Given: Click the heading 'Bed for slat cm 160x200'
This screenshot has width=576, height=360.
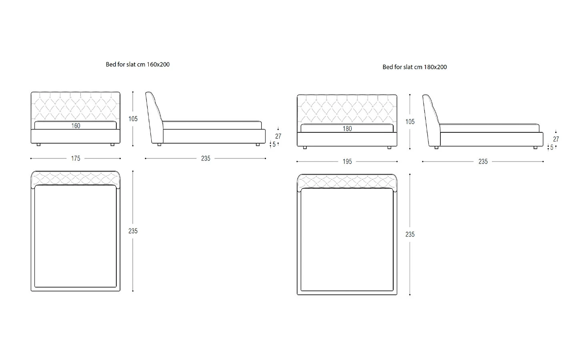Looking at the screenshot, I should (x=138, y=64).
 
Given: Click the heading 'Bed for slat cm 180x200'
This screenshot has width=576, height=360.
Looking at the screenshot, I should (x=414, y=67).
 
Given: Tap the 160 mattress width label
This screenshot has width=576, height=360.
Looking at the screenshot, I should (x=76, y=126).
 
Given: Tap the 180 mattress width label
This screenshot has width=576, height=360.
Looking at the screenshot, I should (x=347, y=129).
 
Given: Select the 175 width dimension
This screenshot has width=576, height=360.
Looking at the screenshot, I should (x=76, y=158).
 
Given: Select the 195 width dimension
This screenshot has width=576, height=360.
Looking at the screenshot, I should (x=347, y=162).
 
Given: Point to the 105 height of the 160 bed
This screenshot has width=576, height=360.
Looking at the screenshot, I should (x=133, y=119).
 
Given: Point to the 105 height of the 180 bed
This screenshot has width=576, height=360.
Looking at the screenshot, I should (x=410, y=122).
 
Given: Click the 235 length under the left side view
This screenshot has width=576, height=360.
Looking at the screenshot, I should (x=206, y=158).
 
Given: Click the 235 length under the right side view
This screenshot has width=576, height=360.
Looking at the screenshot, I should (x=483, y=162).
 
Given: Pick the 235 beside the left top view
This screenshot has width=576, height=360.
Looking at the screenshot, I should (x=133, y=231).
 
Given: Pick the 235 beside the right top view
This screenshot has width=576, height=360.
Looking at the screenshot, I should (x=410, y=234).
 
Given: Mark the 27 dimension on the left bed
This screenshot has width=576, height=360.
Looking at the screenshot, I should (x=278, y=136).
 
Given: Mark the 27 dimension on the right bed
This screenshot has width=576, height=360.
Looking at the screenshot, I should (x=556, y=139).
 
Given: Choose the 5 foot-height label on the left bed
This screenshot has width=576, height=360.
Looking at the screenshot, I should (x=274, y=144).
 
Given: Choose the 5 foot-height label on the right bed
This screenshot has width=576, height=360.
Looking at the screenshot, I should (x=552, y=147).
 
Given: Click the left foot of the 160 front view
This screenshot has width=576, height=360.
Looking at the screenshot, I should (x=38, y=144).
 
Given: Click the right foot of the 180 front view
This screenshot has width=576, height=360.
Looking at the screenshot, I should (x=390, y=148).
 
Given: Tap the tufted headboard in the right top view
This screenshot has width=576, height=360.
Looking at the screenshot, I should (x=347, y=182).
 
